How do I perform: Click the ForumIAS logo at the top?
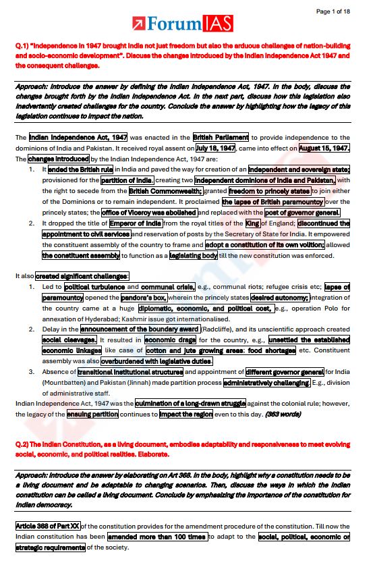coord(183,25)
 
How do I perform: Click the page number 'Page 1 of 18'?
coord(333,11)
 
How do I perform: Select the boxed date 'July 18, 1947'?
coord(215,148)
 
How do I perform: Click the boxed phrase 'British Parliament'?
coord(221,137)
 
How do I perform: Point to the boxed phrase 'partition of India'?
coord(127,180)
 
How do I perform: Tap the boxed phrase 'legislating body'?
coord(194,256)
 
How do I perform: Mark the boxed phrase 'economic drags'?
coord(169,340)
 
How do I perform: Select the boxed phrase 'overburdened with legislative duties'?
coord(137,361)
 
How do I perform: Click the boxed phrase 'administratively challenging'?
coord(266,383)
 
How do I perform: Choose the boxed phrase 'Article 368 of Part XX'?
coord(48,527)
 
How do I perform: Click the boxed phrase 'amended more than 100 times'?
coord(157,537)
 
